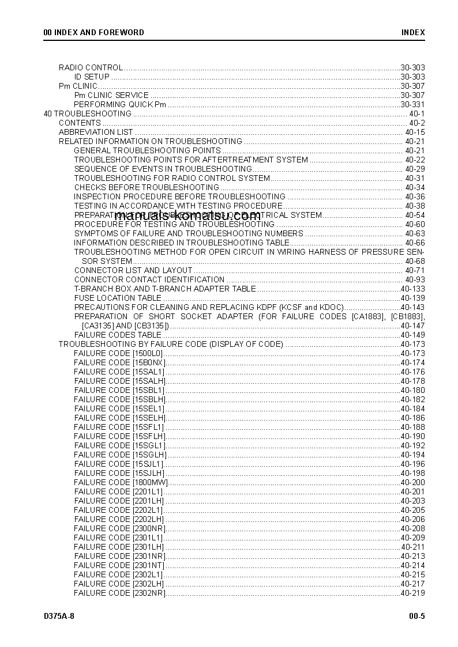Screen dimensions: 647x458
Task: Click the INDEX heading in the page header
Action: (413, 32)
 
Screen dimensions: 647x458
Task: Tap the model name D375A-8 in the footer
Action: (59, 616)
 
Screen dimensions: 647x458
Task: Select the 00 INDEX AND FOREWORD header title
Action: (94, 32)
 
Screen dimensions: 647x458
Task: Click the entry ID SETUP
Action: (92, 77)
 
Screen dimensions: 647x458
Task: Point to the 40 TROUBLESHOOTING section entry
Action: (88, 113)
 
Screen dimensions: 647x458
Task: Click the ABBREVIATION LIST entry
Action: (96, 132)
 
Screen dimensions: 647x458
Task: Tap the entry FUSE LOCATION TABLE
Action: (118, 298)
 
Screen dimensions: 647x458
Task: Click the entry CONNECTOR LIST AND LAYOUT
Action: (133, 270)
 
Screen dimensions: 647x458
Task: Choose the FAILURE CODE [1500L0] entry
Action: (119, 353)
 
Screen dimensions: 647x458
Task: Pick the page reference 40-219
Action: (412, 593)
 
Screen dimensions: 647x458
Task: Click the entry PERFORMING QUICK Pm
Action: (120, 104)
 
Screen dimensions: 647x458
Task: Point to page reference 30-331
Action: (412, 104)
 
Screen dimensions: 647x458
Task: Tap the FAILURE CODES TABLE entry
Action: (118, 335)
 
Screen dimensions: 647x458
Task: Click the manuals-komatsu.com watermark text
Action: (187, 215)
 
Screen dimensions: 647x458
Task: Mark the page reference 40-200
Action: (412, 482)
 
